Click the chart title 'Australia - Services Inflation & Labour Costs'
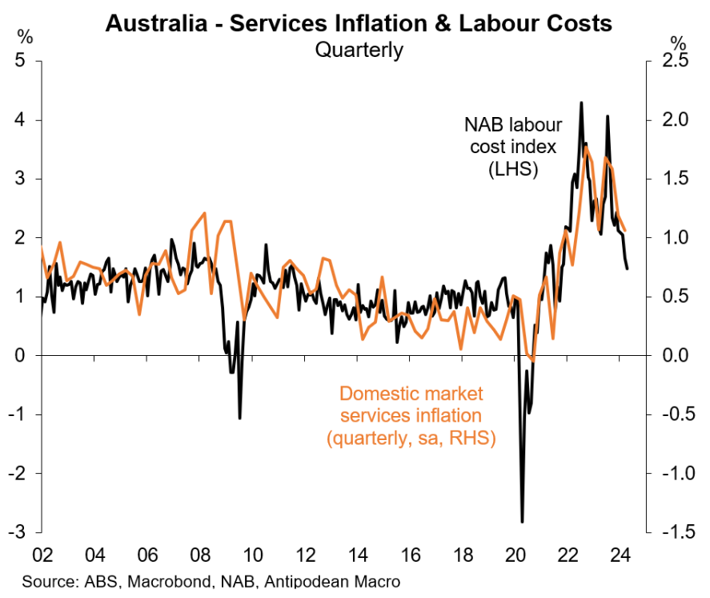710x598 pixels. point(359,23)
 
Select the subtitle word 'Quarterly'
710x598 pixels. point(359,50)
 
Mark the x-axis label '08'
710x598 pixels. point(200,554)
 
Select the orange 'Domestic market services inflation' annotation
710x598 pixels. point(411,415)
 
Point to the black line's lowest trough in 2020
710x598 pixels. point(522,522)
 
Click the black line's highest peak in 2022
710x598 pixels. point(580,103)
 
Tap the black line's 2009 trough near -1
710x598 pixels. point(239,418)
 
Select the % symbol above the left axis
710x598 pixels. point(26,37)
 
